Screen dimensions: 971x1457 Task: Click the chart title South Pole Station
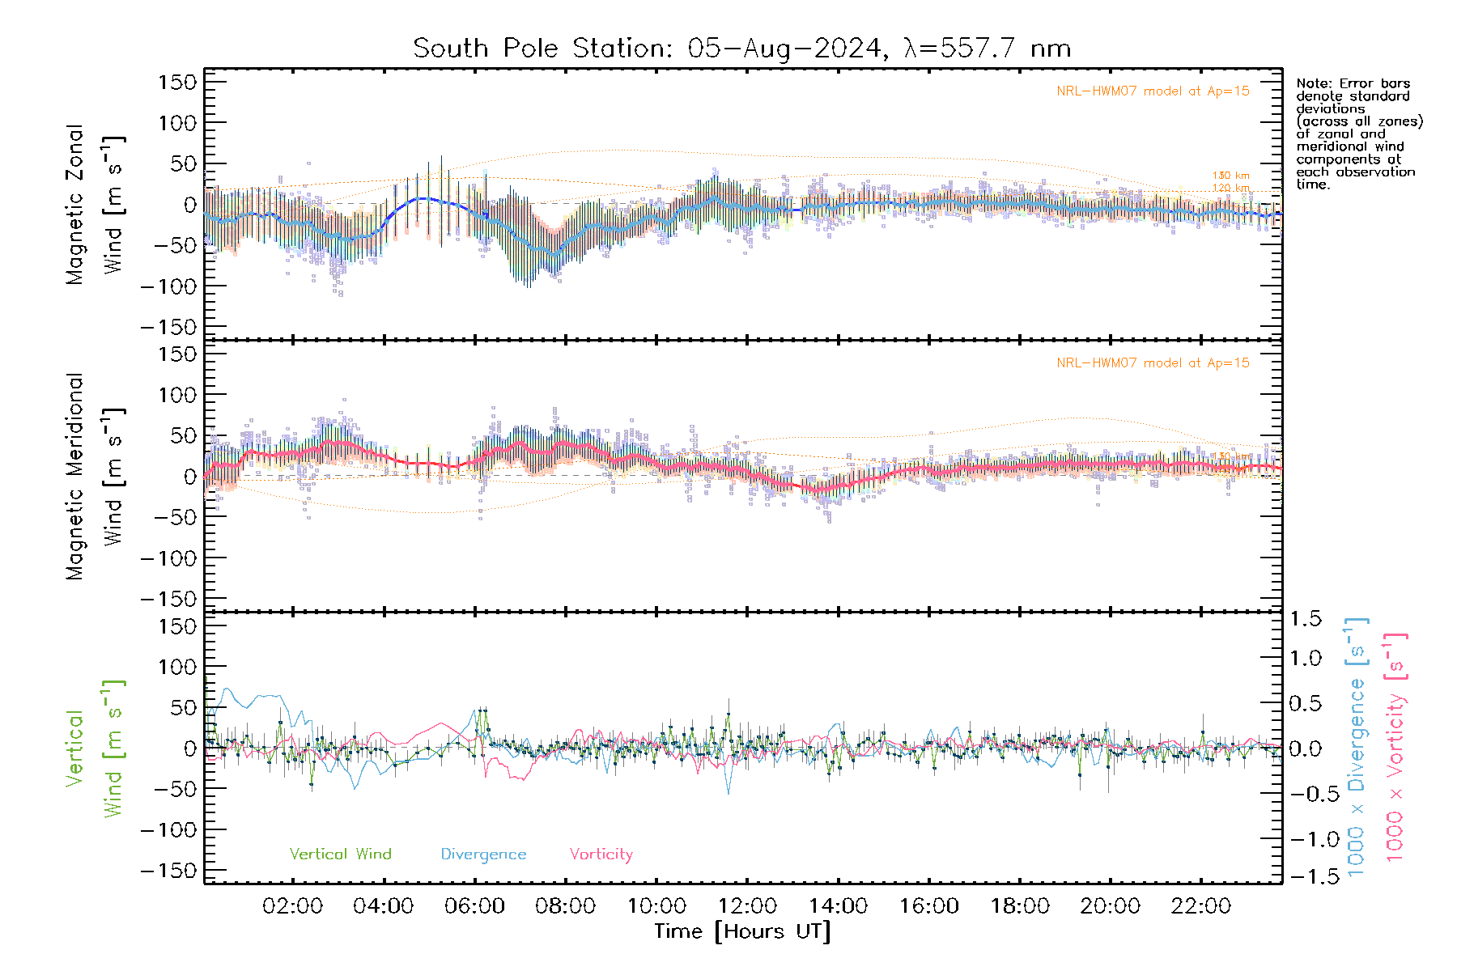click(x=741, y=49)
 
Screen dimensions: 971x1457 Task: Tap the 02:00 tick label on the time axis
click(x=292, y=906)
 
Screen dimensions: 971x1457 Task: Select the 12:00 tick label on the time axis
click(x=746, y=906)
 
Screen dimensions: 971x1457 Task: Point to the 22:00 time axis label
click(x=1200, y=906)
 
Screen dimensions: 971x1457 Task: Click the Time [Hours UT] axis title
click(x=742, y=931)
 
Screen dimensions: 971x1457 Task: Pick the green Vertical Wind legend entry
click(x=340, y=854)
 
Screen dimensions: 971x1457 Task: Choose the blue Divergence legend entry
click(x=483, y=854)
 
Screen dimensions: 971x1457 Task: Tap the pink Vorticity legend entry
click(x=601, y=854)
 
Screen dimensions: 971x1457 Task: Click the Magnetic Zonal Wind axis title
click(x=94, y=204)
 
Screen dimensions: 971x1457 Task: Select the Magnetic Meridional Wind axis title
click(x=94, y=476)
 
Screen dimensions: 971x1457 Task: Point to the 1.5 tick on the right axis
click(x=1305, y=619)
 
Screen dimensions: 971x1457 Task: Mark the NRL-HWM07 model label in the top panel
click(x=1153, y=91)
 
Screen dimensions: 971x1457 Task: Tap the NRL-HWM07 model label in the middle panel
click(x=1153, y=363)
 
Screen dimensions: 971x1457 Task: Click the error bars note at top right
click(x=1358, y=134)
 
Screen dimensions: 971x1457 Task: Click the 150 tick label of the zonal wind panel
click(x=177, y=82)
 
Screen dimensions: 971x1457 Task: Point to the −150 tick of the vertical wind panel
click(x=168, y=871)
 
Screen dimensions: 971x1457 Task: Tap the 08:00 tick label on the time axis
click(x=565, y=906)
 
